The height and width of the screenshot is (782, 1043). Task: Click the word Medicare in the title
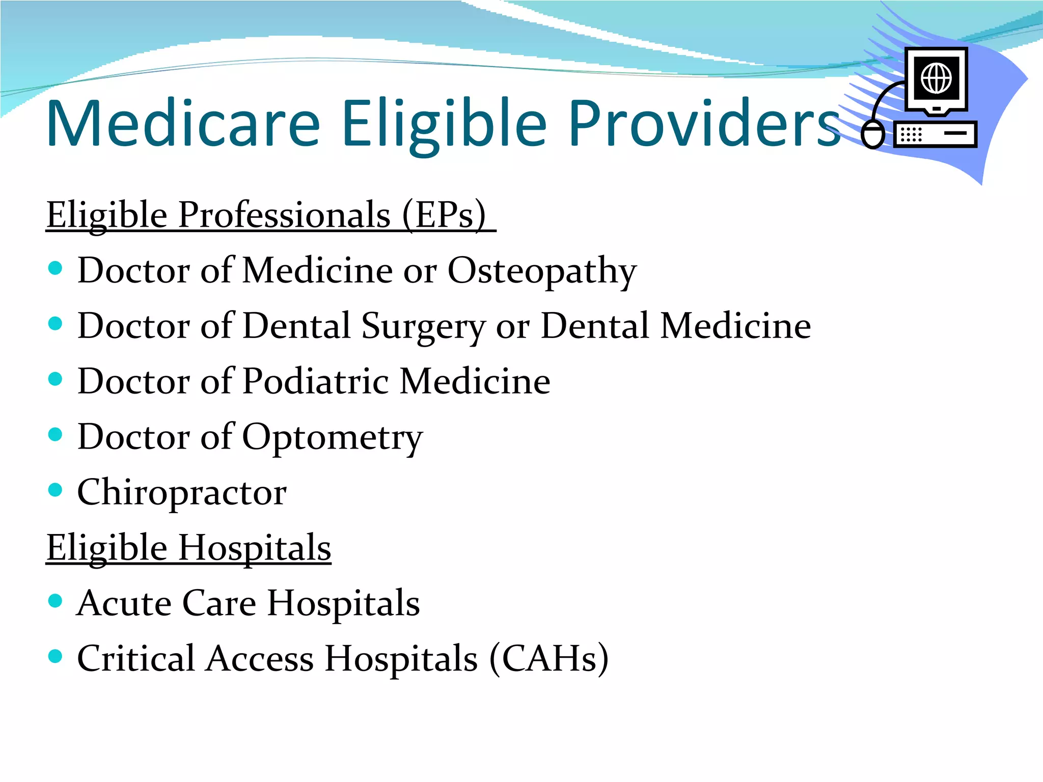(x=183, y=124)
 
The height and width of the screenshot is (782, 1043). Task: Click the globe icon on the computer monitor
(x=936, y=78)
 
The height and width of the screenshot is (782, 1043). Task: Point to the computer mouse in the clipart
(x=873, y=135)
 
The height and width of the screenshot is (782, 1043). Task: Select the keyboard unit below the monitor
(x=935, y=134)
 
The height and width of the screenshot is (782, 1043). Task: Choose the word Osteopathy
(x=542, y=271)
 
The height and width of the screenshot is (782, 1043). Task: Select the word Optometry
(x=332, y=437)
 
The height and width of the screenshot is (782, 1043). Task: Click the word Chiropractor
(x=182, y=493)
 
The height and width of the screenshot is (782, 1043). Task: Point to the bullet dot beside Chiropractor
(x=55, y=490)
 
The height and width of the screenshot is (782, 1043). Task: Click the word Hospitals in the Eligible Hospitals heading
(x=255, y=548)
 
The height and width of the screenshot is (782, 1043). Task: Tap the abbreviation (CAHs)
(x=548, y=659)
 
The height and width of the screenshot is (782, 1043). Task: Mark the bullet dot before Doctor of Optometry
(x=55, y=434)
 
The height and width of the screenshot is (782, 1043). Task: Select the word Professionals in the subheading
(x=284, y=215)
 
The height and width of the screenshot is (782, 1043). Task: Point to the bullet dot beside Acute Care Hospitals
(x=55, y=601)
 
